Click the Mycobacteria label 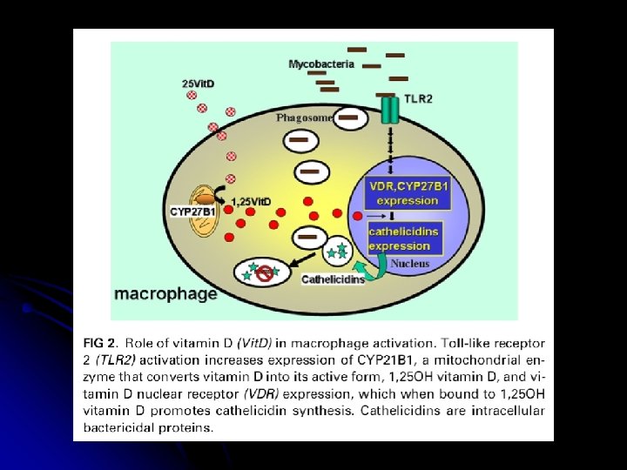[321, 64]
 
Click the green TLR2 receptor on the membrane [388, 109]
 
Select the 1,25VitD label [250, 202]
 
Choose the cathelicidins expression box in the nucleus [403, 238]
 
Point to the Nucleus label [409, 263]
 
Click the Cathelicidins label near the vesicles [333, 279]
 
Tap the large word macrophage [165, 293]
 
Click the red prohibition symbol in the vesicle [263, 274]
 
